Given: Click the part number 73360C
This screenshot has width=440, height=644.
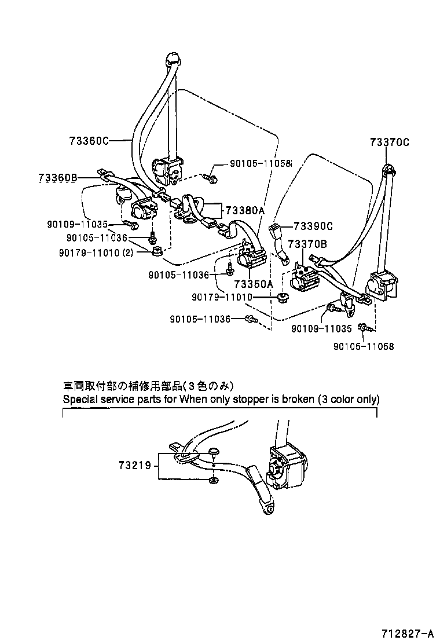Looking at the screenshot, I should coord(89,140).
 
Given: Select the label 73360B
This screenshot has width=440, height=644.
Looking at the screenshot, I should coord(58,178).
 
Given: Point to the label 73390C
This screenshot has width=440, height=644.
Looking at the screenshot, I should coord(313,226).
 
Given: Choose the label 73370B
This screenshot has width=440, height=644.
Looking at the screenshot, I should coord(307,244).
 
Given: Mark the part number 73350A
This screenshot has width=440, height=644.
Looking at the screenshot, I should coord(253,284).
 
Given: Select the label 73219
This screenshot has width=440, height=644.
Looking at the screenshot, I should coord(134,464).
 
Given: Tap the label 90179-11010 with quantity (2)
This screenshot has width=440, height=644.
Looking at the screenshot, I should coord(96,252).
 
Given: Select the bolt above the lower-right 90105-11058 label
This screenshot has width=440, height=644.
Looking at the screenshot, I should coord(364,328).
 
